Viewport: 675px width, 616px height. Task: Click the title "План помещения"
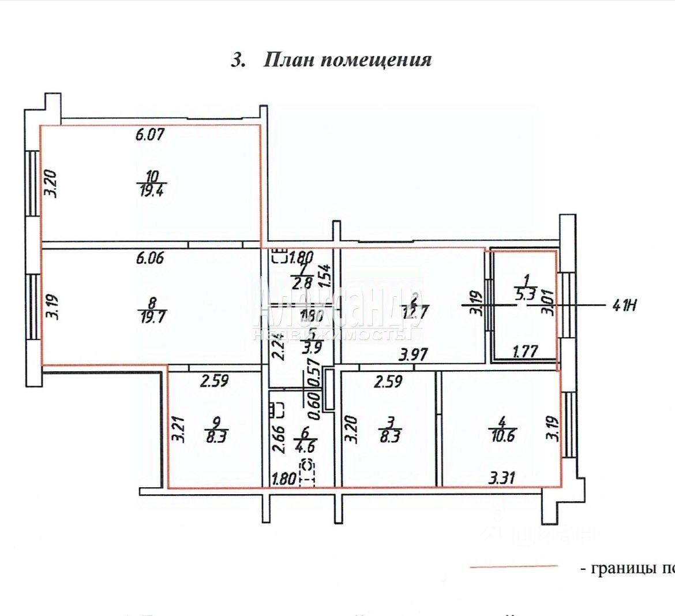331,60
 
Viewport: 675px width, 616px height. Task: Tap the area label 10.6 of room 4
501,435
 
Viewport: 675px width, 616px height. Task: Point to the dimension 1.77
525,351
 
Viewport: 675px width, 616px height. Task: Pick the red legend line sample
514,568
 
